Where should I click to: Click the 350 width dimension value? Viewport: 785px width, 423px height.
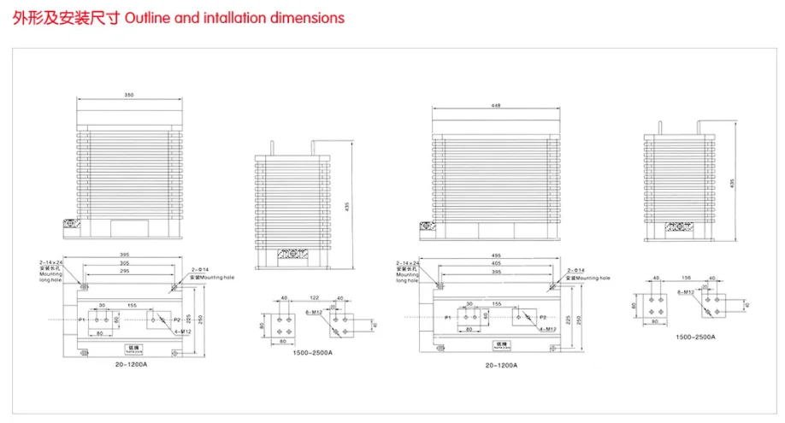[x=129, y=95]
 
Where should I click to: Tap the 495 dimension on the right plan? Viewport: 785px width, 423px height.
[x=495, y=254]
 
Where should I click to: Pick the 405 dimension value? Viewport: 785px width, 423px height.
[x=495, y=263]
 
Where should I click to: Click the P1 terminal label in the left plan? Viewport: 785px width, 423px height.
[x=82, y=319]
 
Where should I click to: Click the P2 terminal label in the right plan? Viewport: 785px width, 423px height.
[x=543, y=316]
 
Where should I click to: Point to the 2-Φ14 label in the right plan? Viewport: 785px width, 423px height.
[x=575, y=272]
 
